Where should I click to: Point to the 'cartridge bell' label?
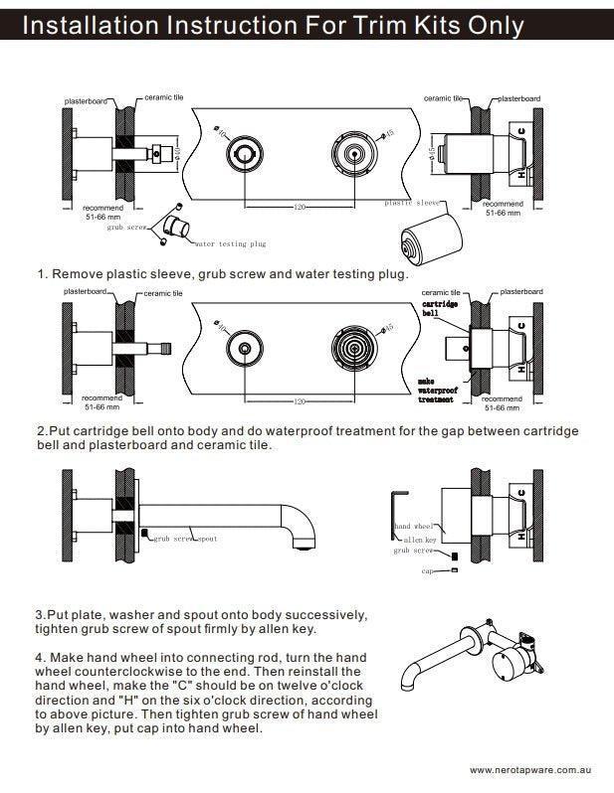point(438,307)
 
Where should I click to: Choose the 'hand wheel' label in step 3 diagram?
point(414,526)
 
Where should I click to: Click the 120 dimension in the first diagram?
point(298,208)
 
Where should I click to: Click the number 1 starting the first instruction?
point(42,273)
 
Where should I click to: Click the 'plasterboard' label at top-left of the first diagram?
point(86,101)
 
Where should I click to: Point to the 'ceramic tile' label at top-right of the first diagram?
point(444,98)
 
